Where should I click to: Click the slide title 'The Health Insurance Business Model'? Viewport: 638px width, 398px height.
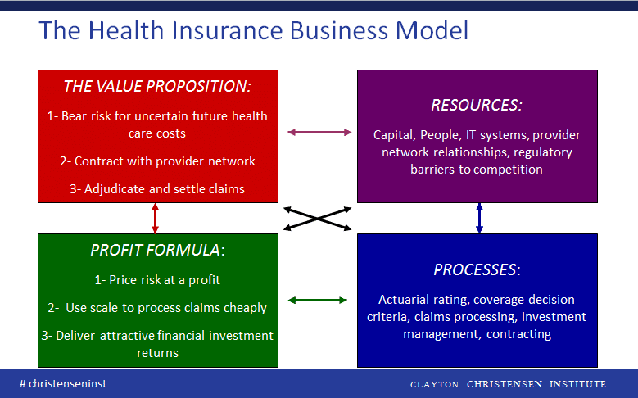[254, 30]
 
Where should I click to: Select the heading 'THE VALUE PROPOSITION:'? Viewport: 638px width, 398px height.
[157, 86]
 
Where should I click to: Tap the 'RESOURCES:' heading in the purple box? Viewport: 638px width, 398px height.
[477, 106]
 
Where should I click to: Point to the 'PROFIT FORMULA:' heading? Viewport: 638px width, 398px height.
[157, 250]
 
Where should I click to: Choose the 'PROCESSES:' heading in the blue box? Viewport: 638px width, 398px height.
[477, 269]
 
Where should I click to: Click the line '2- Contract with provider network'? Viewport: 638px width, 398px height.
[157, 161]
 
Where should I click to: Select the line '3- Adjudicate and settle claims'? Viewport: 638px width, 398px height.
[157, 189]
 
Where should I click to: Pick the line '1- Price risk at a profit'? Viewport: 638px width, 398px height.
[157, 280]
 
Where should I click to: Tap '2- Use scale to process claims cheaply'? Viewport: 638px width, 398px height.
[157, 308]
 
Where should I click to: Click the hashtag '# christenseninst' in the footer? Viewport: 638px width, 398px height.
[63, 384]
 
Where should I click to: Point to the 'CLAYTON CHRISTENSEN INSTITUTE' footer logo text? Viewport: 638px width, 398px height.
[508, 384]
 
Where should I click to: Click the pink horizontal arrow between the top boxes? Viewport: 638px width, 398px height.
[319, 133]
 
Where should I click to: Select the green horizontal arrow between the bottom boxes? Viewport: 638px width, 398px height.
[318, 301]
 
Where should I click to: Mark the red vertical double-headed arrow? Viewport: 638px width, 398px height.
[155, 219]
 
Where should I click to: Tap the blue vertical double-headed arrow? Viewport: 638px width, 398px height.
[479, 219]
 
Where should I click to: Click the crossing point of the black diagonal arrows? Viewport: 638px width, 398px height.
[318, 219]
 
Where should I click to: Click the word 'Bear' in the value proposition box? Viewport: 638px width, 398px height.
[75, 116]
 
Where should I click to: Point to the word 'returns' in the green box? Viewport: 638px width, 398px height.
[157, 353]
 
